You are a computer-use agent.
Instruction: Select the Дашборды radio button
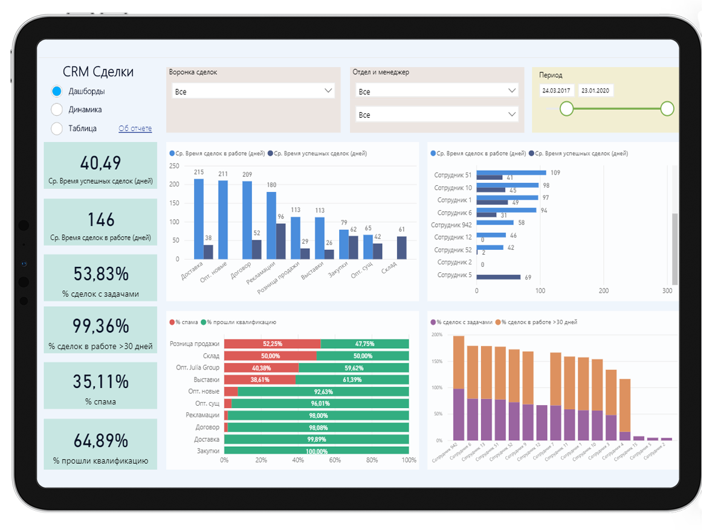pos(57,91)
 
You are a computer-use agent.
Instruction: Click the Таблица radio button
pos(57,128)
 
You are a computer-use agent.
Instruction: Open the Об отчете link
pos(135,129)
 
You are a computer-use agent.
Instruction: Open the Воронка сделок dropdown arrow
pos(329,91)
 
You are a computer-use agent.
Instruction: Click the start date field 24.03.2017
pos(557,91)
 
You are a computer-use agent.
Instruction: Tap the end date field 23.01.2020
pos(595,91)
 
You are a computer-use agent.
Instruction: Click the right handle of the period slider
pos(667,109)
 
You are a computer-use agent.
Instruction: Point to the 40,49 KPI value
pos(100,163)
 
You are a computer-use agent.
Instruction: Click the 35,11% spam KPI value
pos(100,382)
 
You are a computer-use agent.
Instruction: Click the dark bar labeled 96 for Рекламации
pos(281,241)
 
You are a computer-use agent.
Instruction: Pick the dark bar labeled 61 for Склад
pos(402,247)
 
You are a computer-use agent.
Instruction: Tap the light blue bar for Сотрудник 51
pos(511,173)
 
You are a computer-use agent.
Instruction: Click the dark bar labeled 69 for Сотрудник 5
pos(499,277)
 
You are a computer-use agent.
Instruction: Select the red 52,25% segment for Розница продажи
pos(272,343)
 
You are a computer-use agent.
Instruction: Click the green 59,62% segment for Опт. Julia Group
pos(354,368)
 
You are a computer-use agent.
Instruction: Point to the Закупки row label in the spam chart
pos(207,451)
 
